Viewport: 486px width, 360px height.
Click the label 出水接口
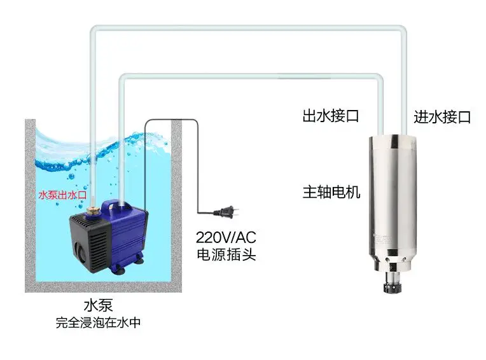(331, 116)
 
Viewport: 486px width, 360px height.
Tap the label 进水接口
(442, 117)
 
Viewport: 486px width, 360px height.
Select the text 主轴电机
(331, 191)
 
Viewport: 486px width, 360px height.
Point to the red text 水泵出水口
(62, 195)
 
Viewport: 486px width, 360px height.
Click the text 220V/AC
(226, 238)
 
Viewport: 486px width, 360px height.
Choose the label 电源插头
(226, 254)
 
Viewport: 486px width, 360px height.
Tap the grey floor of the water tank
(102, 287)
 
